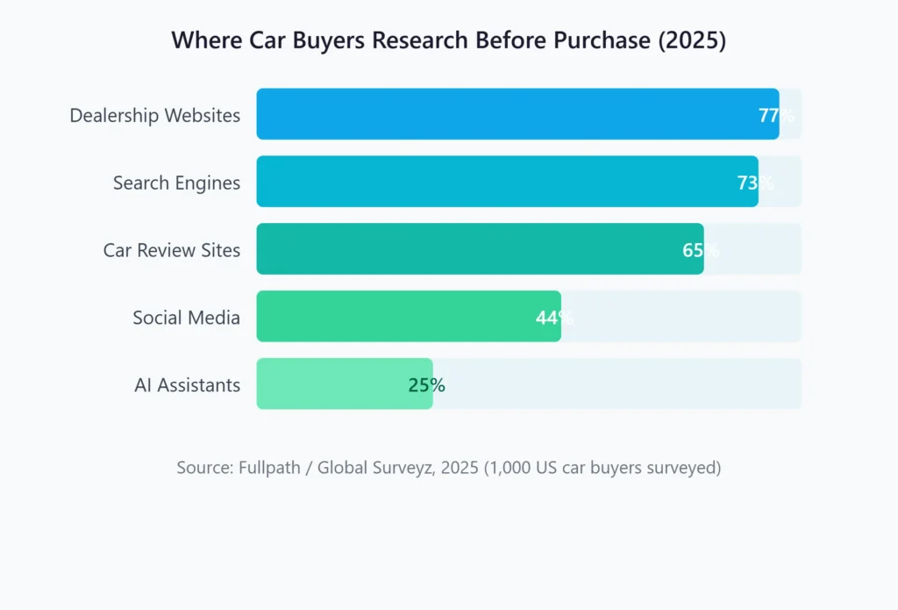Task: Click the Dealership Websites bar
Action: click(x=517, y=114)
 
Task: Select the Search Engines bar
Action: click(x=507, y=182)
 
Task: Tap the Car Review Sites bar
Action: click(x=480, y=249)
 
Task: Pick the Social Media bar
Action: click(x=409, y=317)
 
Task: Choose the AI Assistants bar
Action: click(x=344, y=384)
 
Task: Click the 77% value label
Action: click(x=776, y=115)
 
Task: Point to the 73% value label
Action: click(x=755, y=183)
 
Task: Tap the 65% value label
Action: click(x=701, y=250)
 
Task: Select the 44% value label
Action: click(x=554, y=318)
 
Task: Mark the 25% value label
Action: click(x=426, y=385)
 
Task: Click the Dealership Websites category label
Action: click(x=154, y=115)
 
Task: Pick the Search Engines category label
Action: click(x=176, y=183)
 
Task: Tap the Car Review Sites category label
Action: click(x=171, y=250)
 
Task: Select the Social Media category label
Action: click(x=186, y=318)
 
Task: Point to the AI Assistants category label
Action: click(x=187, y=385)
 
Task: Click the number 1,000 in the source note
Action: click(x=510, y=468)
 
